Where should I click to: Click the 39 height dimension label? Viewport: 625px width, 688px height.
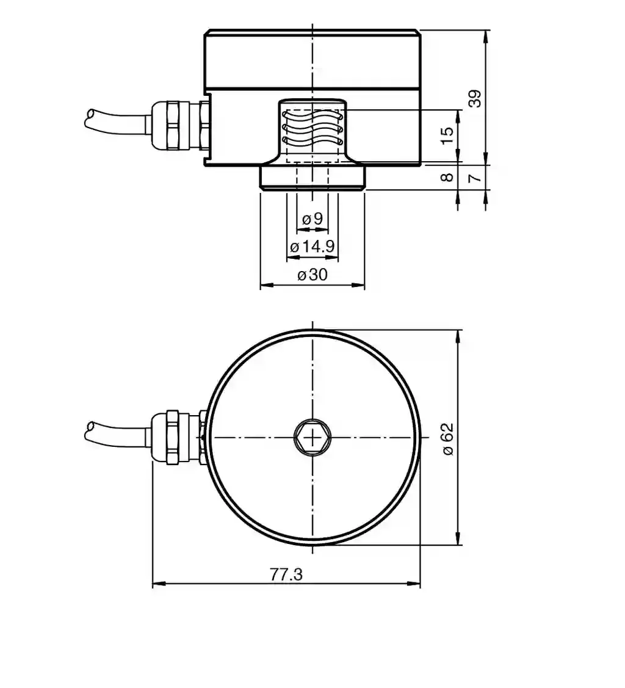coord(475,98)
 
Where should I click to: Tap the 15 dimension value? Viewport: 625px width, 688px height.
coord(447,136)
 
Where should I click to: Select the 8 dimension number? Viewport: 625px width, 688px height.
coord(447,177)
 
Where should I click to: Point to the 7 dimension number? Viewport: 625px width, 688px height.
coord(475,178)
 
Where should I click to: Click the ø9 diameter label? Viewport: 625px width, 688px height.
coord(312,218)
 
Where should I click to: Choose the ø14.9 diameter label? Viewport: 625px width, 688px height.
coord(312,246)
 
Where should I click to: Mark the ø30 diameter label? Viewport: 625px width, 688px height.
coord(312,275)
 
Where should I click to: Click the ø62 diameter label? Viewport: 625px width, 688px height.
coord(447,439)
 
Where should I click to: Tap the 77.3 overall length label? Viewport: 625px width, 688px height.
coord(286,574)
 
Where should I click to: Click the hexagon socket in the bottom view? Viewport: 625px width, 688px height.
coord(312,438)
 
